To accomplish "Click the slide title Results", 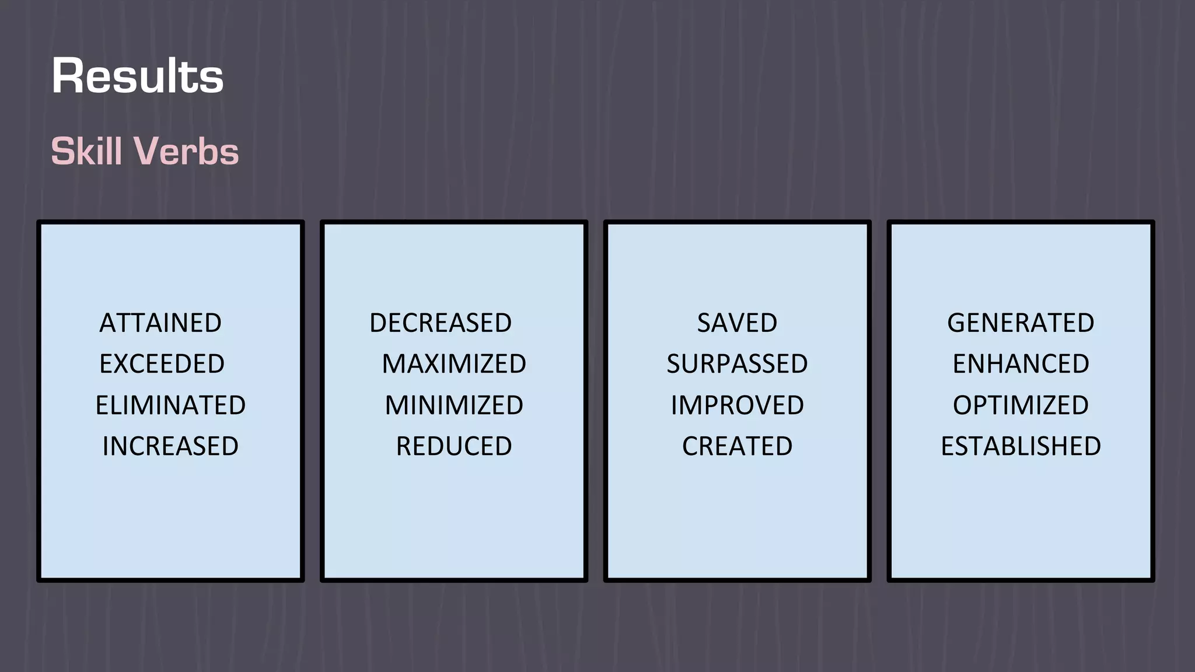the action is point(138,76).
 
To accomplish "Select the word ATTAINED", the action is point(160,323).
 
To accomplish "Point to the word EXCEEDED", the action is point(162,364).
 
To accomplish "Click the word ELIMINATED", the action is point(170,405).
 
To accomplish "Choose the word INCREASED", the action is point(170,446).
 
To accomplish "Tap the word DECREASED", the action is point(441,323).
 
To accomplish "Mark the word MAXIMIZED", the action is point(454,364).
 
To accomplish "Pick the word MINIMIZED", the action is point(454,405).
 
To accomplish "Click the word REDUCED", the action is point(454,446).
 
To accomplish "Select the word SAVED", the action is point(737,323).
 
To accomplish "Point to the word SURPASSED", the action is point(737,364).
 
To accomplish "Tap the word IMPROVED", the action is point(737,405).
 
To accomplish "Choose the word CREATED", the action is point(737,446).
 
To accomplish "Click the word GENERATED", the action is point(1021,323).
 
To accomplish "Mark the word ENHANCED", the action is point(1021,364).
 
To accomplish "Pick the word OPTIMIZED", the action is point(1021,405).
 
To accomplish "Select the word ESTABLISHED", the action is point(1021,446).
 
